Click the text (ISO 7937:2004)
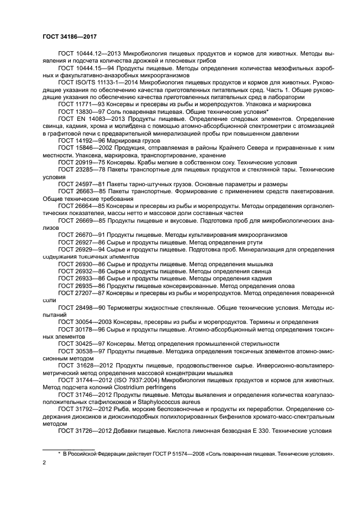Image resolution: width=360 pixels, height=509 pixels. tap(139, 380)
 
